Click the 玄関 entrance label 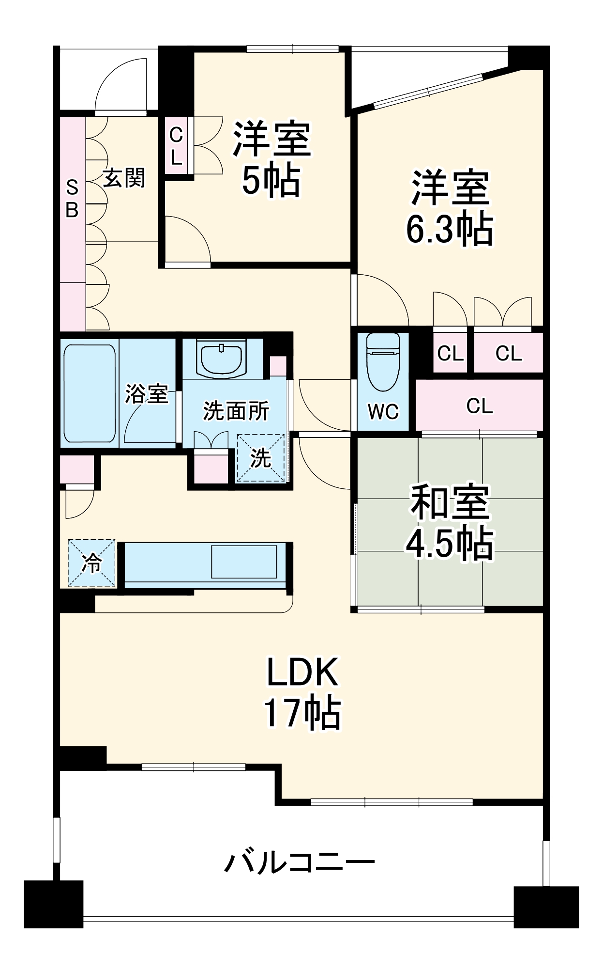pos(124,178)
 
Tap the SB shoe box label pos(72,198)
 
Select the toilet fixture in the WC pos(383,361)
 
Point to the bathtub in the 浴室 pos(90,393)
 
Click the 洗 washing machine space pos(260,458)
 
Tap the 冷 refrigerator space pos(92,563)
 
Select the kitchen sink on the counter pos(244,562)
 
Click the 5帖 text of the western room pos(271,180)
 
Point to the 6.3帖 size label pos(449,229)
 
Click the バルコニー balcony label pos(300,863)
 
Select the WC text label pos(383,412)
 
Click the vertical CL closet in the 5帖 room pos(176,145)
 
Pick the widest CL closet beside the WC pos(479,406)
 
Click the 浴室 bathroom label pos(146,393)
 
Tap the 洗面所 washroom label pos(236,411)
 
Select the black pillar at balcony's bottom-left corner pos(53,904)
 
